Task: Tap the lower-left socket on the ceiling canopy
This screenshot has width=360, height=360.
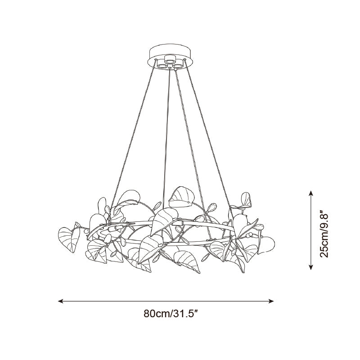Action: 162,66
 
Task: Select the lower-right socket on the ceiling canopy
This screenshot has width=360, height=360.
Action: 177,66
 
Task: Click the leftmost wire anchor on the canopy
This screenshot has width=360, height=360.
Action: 156,60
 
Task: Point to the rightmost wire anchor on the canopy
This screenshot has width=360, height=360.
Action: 184,60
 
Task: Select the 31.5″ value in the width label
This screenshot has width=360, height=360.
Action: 184,313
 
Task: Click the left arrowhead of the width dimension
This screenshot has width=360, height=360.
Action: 60,301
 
